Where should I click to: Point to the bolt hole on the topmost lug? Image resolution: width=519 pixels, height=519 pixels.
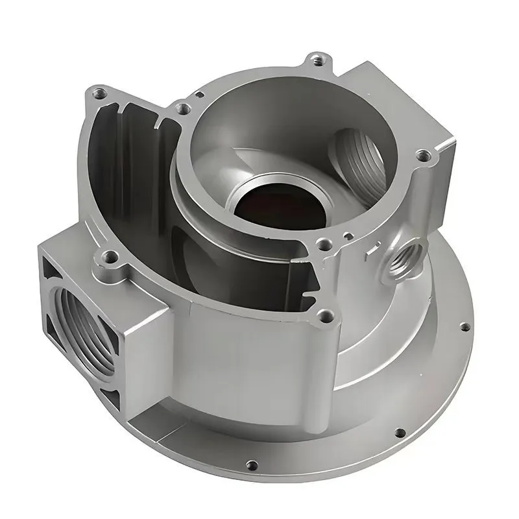(x=317, y=61)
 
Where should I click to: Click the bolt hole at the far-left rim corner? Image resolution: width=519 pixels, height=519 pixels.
(x=99, y=93)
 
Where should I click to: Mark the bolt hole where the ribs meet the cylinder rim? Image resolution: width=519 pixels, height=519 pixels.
(x=184, y=108)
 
